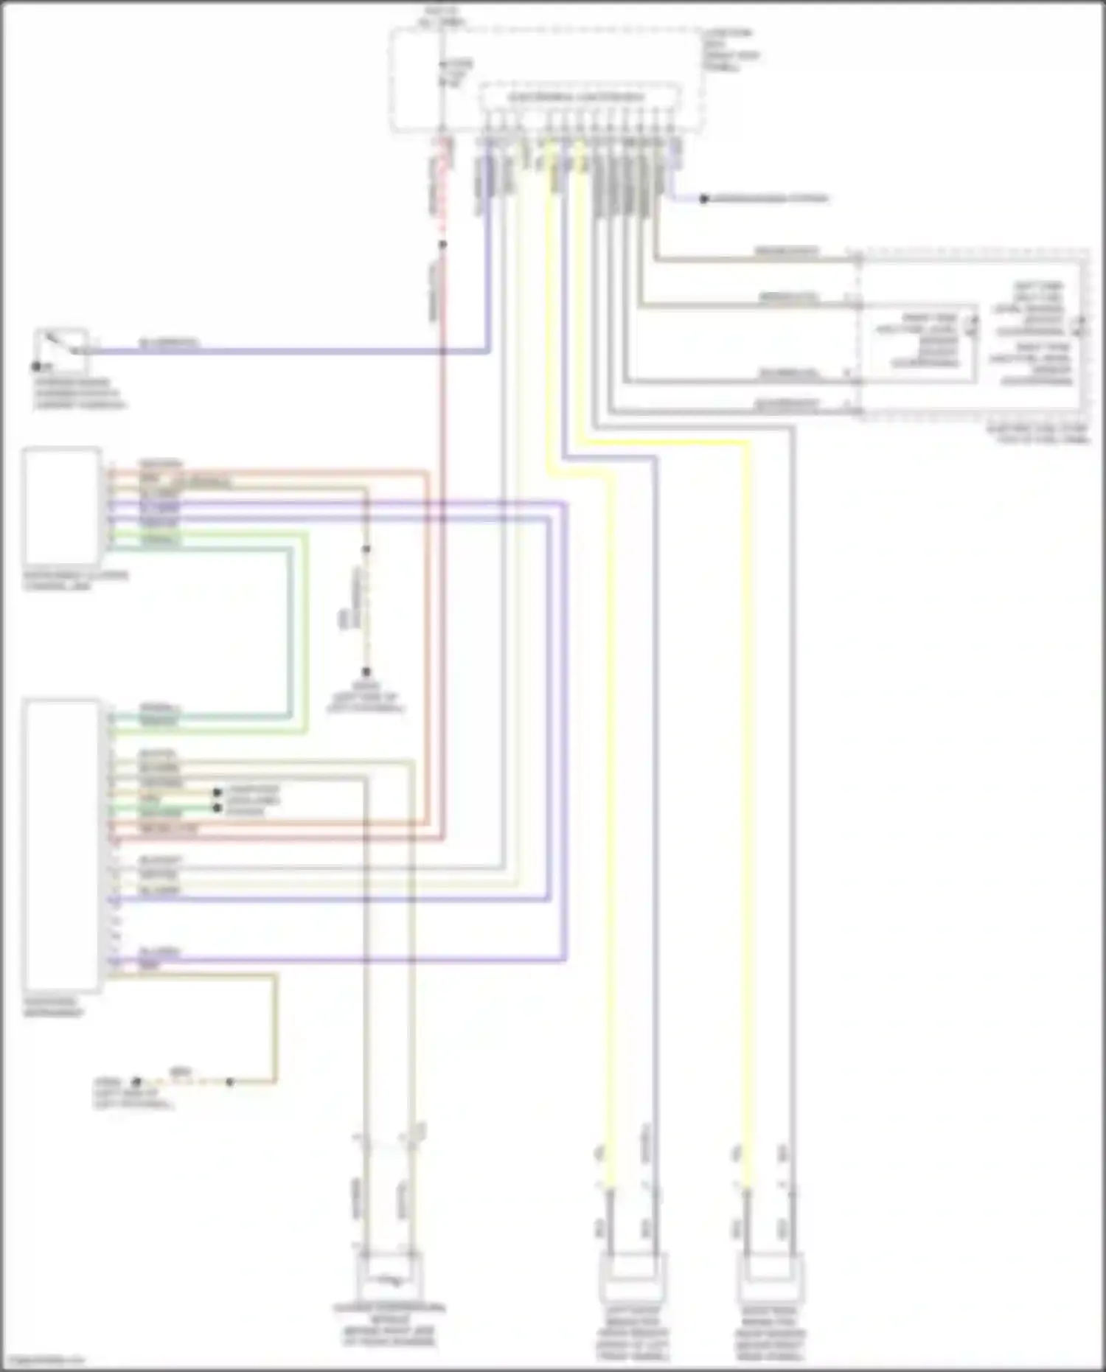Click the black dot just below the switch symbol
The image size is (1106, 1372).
coord(35,366)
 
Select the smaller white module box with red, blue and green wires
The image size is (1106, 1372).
coord(62,506)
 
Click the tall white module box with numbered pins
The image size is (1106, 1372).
coord(61,846)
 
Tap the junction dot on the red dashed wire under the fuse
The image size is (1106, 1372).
coord(442,244)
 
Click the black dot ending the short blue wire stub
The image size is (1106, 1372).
coord(703,199)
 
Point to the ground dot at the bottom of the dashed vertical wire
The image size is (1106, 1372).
coord(366,672)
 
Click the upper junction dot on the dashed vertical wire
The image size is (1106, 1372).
coord(366,549)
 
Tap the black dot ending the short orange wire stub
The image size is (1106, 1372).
coord(217,793)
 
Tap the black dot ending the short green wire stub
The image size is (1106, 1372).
coord(217,808)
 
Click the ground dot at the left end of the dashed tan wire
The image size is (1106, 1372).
coord(136,1082)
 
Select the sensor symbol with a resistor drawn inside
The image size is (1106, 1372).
coord(389,1279)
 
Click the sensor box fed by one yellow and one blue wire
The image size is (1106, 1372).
coord(632,1277)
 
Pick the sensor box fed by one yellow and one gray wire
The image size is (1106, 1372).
coord(770,1277)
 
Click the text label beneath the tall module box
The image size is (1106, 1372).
coord(53,1007)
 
